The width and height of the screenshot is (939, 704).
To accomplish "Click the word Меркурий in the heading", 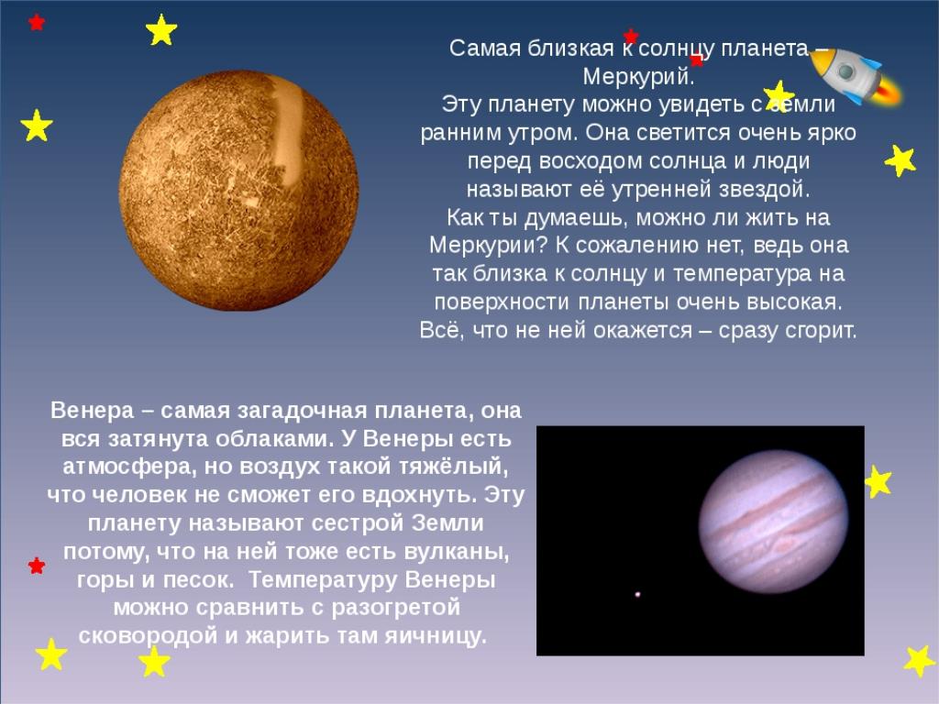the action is click(x=637, y=77).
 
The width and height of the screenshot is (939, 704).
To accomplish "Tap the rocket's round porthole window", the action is click(x=845, y=71).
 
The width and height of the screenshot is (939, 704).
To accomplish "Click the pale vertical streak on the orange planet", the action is click(x=286, y=132).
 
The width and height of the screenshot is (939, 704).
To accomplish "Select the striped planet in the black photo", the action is click(x=773, y=521).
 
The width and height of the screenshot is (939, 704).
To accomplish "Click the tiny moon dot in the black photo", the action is click(x=637, y=594).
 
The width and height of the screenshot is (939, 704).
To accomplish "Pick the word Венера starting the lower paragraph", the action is click(x=93, y=411).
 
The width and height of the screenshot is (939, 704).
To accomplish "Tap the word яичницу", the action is click(x=436, y=636).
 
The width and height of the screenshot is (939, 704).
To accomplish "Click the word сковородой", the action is click(x=148, y=635).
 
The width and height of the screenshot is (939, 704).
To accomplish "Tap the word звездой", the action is click(x=764, y=190).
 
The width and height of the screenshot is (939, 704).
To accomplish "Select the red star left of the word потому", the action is click(x=37, y=565).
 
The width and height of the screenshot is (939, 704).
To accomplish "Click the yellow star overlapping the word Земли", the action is click(x=779, y=95).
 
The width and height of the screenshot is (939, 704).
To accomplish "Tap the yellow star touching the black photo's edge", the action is click(x=878, y=482).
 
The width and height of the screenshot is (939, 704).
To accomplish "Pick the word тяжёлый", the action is click(x=458, y=467).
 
